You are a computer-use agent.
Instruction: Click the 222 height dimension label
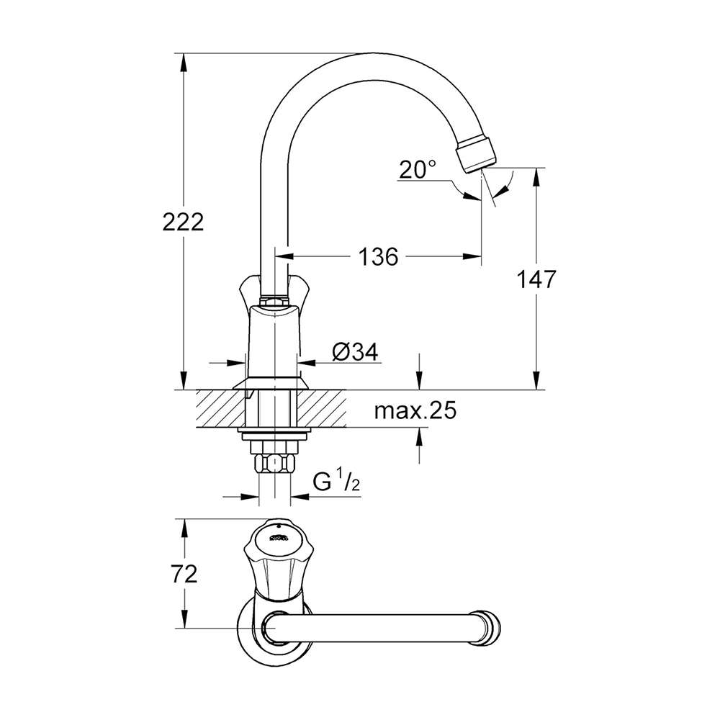pyautogui.click(x=183, y=222)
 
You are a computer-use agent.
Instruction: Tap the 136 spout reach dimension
pyautogui.click(x=378, y=257)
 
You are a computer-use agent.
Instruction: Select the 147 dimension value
pyautogui.click(x=536, y=279)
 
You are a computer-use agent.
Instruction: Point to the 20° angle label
pyautogui.click(x=417, y=169)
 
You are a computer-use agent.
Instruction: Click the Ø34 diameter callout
pyautogui.click(x=355, y=352)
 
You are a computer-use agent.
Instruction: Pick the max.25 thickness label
pyautogui.click(x=415, y=410)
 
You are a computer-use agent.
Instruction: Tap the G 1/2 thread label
pyautogui.click(x=336, y=482)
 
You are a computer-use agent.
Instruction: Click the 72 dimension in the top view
pyautogui.click(x=184, y=574)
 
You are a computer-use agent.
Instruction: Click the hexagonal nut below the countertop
pyautogui.click(x=274, y=463)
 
